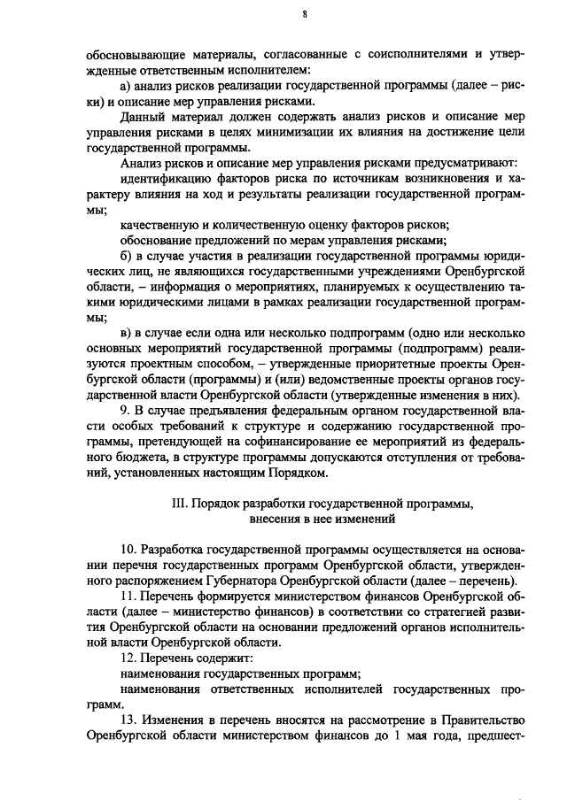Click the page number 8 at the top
pyautogui.click(x=304, y=14)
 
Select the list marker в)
pyautogui.click(x=125, y=332)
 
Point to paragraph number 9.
pyautogui.click(x=124, y=412)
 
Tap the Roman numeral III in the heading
pyautogui.click(x=177, y=504)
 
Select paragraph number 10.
pyautogui.click(x=128, y=550)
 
